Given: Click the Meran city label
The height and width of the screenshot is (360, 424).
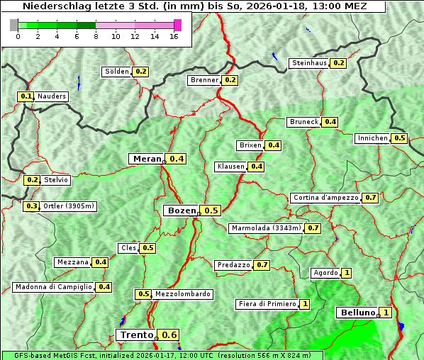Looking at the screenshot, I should coord(147,159).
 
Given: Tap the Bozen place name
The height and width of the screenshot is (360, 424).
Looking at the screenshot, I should coord(181,210).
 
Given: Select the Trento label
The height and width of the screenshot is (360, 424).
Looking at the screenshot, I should coord(136,334).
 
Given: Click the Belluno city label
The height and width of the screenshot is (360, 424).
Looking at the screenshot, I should coord(357,313).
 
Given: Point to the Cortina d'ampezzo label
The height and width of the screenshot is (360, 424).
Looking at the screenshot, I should coord(325,198).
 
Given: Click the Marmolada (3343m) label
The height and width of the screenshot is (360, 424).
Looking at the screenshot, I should coord(267,228).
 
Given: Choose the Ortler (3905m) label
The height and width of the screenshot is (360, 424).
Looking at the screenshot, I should coord(69,206).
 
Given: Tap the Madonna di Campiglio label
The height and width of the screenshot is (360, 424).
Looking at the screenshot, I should coord(53,287).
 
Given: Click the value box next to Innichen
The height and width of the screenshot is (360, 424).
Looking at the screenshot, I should coord(400,138).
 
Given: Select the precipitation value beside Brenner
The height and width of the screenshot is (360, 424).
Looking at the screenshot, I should coord(230,80).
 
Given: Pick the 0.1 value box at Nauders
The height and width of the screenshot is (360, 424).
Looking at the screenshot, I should coord(26,96).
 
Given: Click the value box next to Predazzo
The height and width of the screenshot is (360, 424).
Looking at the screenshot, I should coord(262,265).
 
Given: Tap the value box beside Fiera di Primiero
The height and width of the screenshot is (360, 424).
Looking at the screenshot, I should coord(305,304).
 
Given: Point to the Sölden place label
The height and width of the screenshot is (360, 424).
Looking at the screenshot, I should coord(117,72).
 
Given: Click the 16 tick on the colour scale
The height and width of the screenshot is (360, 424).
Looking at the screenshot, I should coord(174,37).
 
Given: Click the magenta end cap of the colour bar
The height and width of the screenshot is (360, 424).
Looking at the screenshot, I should coord(177,25).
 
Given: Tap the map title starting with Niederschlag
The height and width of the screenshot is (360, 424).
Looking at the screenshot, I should coord(193,6).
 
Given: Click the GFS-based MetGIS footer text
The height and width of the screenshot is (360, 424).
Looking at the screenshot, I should coord(162,355).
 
